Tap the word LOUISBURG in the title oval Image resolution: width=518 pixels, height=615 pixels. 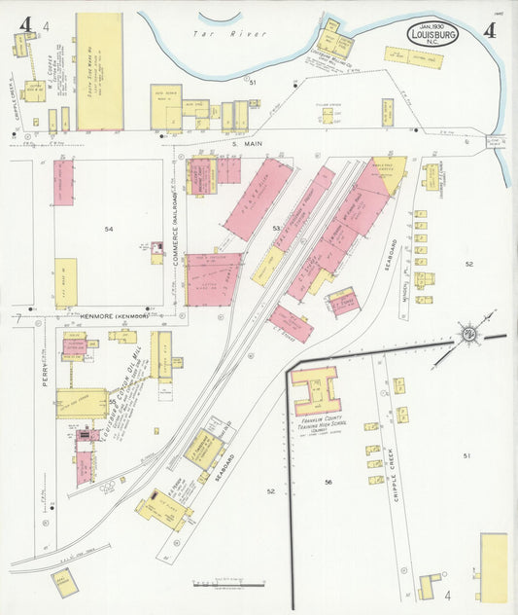point(432,36)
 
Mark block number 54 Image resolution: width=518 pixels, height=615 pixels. point(109,229)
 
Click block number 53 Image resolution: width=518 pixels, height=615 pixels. point(276,229)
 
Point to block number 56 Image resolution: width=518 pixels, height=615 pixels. point(328,483)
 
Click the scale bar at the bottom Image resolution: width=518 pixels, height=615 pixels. point(229,584)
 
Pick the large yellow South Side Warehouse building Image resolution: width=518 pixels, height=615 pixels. point(99,71)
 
